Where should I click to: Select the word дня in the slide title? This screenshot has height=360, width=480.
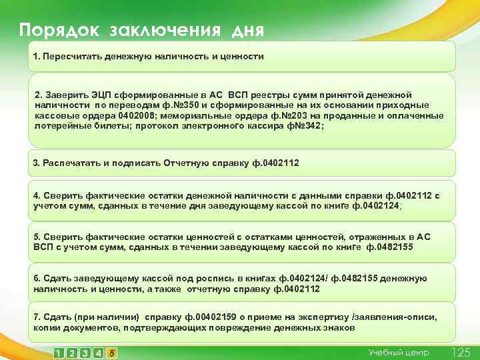[248, 31]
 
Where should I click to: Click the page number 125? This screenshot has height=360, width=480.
[461, 352]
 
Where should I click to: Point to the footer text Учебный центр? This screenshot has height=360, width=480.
[399, 352]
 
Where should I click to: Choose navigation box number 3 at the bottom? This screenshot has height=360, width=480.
[85, 353]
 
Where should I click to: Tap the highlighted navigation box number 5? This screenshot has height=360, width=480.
[112, 353]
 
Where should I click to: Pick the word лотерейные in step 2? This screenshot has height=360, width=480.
[61, 125]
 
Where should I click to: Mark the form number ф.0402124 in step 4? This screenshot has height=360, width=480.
[377, 206]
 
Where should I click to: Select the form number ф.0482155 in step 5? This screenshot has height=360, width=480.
[390, 247]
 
